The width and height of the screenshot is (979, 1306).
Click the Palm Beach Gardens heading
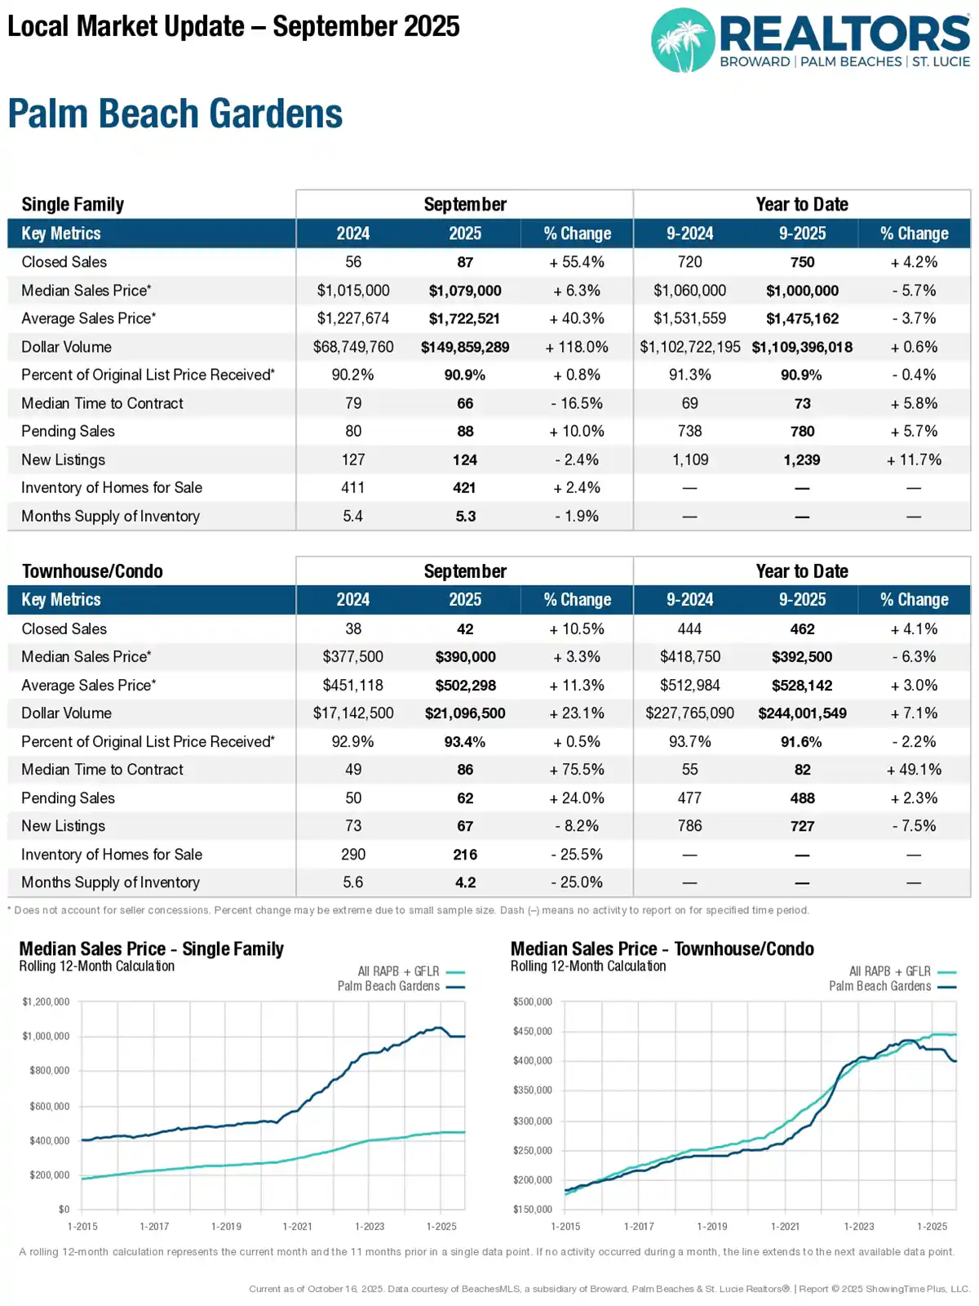click(175, 114)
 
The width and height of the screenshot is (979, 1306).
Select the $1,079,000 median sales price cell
click(465, 291)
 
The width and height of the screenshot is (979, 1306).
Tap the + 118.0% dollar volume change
click(577, 347)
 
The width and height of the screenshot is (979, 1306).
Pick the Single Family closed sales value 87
click(465, 262)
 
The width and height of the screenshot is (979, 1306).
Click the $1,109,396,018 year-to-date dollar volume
click(802, 347)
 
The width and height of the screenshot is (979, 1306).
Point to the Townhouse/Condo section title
click(92, 571)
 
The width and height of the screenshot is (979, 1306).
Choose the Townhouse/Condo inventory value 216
click(465, 855)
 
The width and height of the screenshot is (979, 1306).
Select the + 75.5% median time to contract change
click(577, 770)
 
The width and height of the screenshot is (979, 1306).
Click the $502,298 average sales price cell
click(465, 686)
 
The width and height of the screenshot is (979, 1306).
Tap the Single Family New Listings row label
click(64, 460)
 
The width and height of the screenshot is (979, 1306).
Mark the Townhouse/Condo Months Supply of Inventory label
click(110, 882)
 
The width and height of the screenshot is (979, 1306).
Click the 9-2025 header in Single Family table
click(802, 233)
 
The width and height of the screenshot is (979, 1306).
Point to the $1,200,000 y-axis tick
click(47, 1002)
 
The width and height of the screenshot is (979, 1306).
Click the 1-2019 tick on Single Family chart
click(226, 1226)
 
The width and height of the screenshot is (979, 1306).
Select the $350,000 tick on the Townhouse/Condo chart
click(533, 1091)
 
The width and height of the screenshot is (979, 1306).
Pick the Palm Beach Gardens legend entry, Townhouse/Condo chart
click(879, 986)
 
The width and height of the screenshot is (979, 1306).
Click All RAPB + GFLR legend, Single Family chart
click(398, 971)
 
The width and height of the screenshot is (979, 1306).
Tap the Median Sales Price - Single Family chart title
click(151, 948)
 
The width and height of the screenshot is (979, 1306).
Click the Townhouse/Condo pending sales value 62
click(465, 798)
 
